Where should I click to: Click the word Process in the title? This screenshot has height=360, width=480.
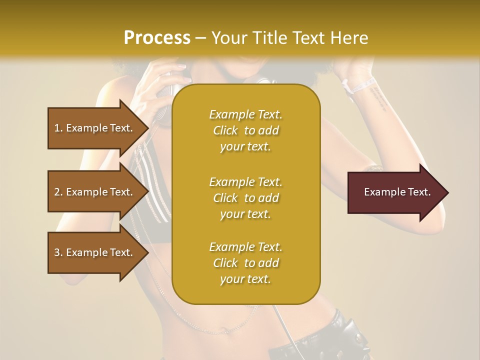click(x=157, y=38)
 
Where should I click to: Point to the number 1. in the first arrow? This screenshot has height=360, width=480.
click(x=58, y=128)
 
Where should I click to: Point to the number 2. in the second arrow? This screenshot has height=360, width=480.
click(x=58, y=192)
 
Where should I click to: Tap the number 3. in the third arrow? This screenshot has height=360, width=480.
click(x=58, y=252)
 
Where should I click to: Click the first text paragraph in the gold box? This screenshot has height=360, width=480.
click(x=245, y=130)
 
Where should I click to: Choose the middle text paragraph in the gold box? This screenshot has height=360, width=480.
click(x=245, y=198)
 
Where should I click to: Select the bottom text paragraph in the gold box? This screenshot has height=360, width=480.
click(x=245, y=263)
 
